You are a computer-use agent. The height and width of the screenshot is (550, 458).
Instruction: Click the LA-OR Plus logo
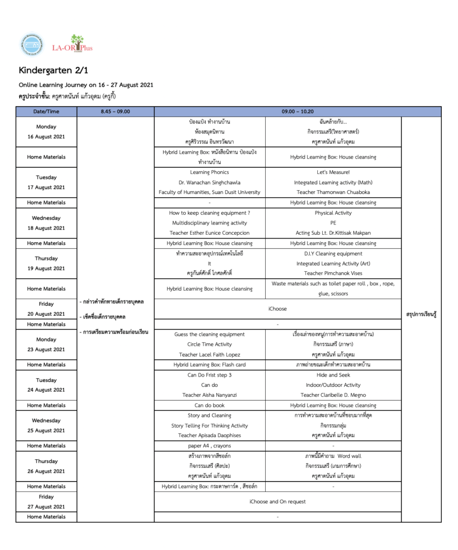coord(72,44)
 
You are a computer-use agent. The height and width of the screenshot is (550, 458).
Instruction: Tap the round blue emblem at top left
coord(30,44)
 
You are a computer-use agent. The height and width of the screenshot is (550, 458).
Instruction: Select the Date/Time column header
coord(46,112)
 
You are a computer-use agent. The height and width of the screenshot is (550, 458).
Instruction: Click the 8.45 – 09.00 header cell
coord(115,112)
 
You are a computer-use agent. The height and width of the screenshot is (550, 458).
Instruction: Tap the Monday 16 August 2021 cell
coord(46,132)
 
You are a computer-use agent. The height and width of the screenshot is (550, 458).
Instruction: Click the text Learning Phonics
coord(209,172)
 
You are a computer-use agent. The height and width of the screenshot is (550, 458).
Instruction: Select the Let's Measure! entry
coord(333,172)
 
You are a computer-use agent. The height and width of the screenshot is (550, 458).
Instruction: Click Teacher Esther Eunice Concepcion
coord(209,233)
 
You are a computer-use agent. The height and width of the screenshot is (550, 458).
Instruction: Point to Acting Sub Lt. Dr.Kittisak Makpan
coord(333,233)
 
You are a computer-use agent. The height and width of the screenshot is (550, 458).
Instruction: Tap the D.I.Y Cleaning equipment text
coord(333,254)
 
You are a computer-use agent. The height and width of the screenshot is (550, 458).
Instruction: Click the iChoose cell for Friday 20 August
coord(277,309)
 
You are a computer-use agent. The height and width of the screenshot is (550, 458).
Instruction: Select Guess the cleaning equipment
coord(209,334)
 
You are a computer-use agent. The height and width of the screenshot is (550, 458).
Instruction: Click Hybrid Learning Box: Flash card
coord(209,365)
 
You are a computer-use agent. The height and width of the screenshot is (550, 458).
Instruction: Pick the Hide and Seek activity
coord(333,375)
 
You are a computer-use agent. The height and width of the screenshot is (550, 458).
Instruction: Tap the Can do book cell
coord(209,406)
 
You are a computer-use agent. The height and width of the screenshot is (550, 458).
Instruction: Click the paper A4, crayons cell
coord(209,446)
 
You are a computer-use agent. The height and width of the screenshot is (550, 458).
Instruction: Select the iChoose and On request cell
coord(277,502)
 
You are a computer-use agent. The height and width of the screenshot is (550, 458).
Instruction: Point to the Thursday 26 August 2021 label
coord(46,466)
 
